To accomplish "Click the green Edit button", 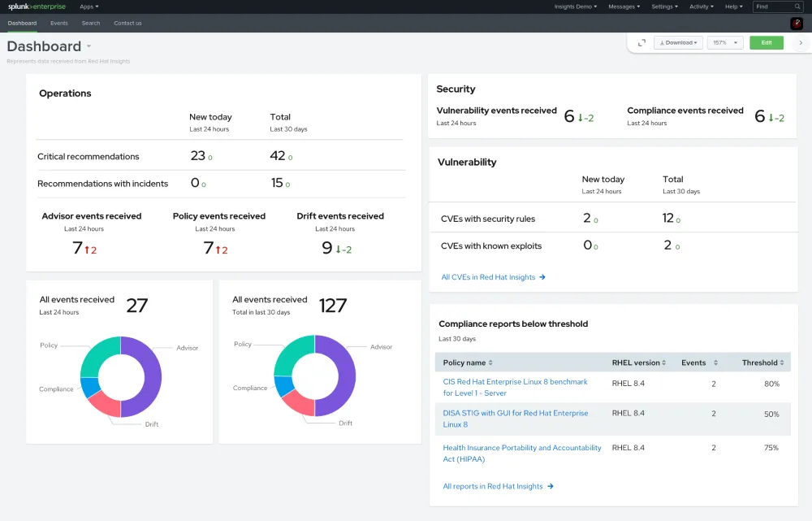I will [x=766, y=43].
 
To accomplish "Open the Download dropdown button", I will [x=678, y=43].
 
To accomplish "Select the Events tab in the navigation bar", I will [x=59, y=24].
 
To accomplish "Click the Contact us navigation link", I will [x=127, y=24].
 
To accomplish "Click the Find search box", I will [x=777, y=7].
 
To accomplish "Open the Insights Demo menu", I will [x=575, y=7].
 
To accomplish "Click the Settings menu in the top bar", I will [x=664, y=7].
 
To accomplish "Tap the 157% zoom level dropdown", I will [x=725, y=43].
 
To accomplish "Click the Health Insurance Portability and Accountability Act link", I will [x=522, y=454].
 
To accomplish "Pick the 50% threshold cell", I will [x=771, y=414].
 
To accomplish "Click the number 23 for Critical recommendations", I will [x=198, y=156].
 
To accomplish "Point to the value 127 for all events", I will [x=333, y=306].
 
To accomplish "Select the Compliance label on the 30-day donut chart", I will [x=250, y=389].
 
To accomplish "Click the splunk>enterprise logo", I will [x=37, y=7].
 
